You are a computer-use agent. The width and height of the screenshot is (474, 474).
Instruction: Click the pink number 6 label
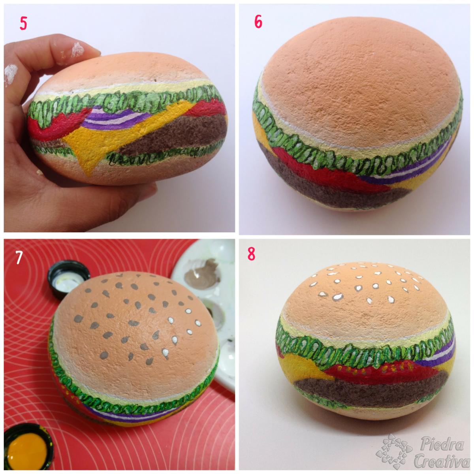[258, 22]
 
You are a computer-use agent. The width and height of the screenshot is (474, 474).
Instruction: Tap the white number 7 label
[18, 258]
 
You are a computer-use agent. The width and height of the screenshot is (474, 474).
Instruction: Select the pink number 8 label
[251, 254]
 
